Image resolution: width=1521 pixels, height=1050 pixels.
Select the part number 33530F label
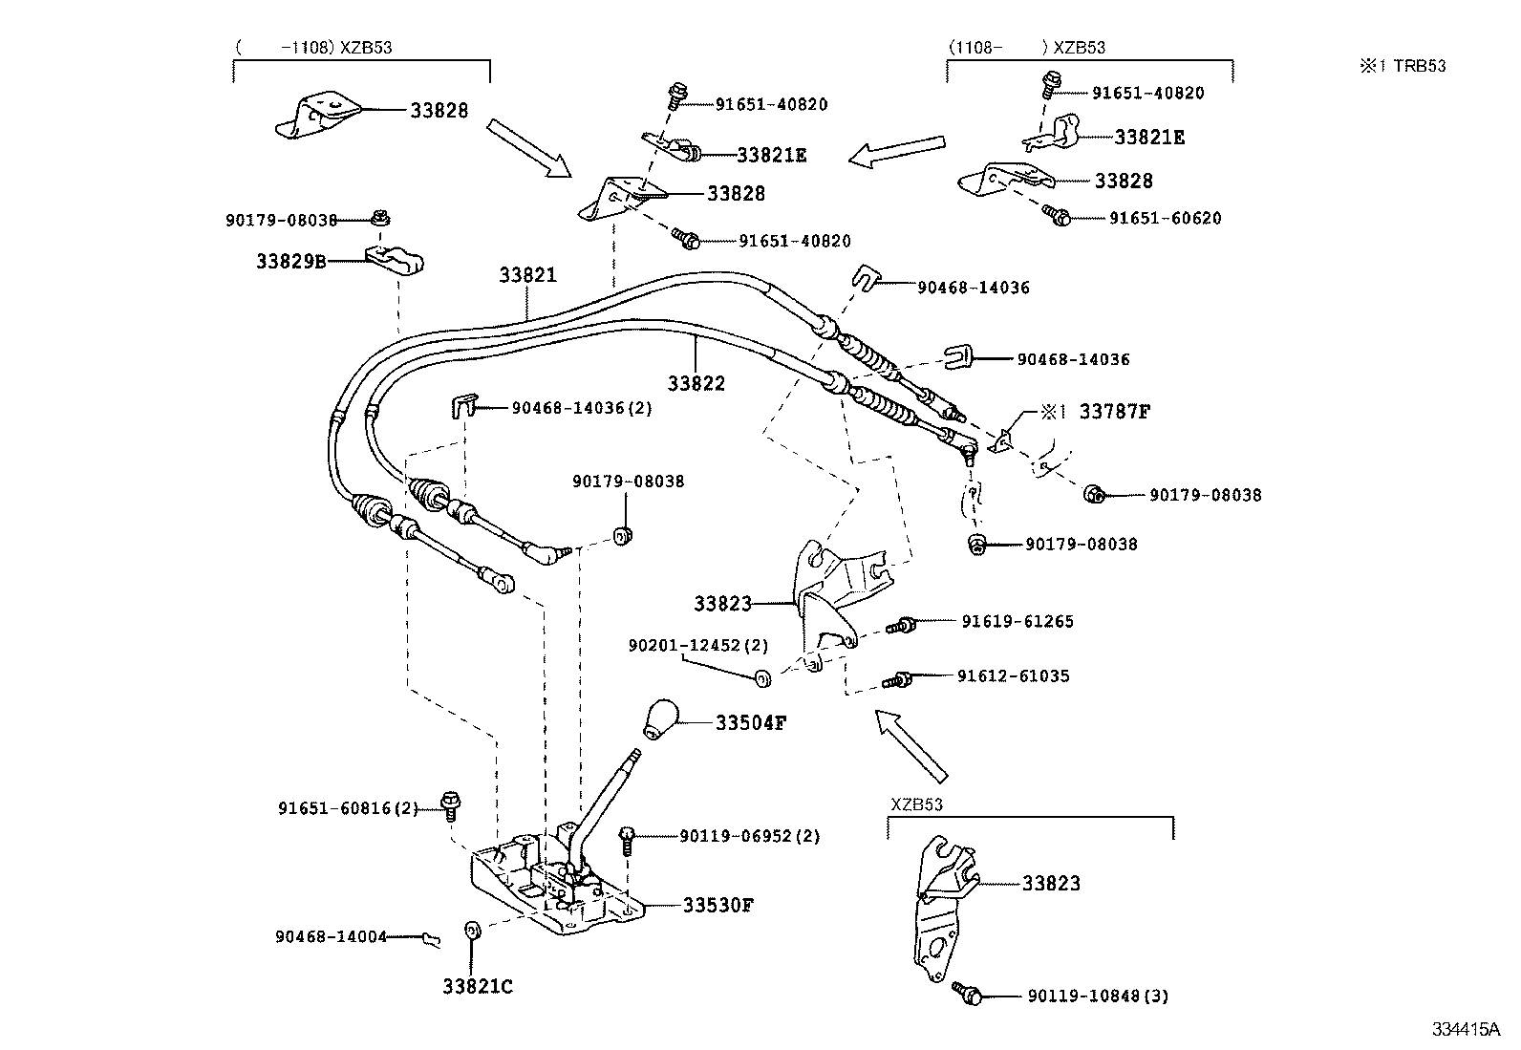click(x=718, y=904)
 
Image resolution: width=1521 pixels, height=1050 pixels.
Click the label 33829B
click(x=290, y=260)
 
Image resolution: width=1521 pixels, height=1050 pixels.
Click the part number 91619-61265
click(x=1017, y=622)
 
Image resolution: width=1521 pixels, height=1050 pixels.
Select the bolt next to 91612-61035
click(x=897, y=679)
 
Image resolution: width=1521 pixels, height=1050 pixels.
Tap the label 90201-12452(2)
click(x=697, y=646)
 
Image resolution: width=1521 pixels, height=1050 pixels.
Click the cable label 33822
click(x=696, y=383)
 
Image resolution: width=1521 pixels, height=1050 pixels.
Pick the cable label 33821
click(x=526, y=275)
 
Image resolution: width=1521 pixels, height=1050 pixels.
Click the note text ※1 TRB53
click(x=1403, y=66)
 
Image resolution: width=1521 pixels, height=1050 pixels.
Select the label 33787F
click(x=1115, y=412)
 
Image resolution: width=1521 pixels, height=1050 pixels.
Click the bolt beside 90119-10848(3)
click(x=968, y=994)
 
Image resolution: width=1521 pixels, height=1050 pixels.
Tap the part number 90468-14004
click(x=332, y=937)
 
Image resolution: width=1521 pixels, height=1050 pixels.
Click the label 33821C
click(x=477, y=986)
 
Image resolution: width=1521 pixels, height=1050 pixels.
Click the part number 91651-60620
click(x=1165, y=218)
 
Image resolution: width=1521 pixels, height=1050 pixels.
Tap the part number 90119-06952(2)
click(x=749, y=836)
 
